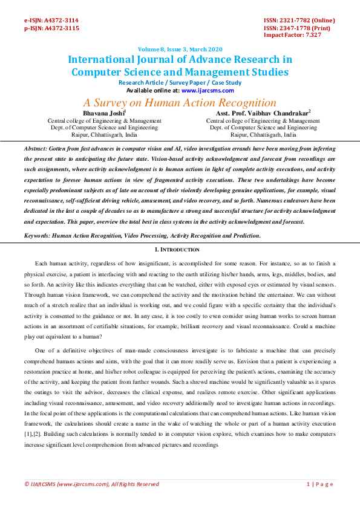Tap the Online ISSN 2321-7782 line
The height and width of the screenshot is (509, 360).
click(x=299, y=21)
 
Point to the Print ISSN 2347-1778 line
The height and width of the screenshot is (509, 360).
click(x=297, y=28)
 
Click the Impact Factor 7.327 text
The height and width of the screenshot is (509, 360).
click(x=292, y=35)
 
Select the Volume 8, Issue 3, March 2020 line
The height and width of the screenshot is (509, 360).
click(x=180, y=49)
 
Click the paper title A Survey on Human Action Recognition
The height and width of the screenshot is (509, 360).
click(x=180, y=102)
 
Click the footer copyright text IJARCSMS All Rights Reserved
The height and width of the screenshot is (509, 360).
click(x=91, y=484)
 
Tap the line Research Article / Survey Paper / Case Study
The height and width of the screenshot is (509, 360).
click(x=180, y=83)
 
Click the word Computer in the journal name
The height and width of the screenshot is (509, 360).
click(x=97, y=73)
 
